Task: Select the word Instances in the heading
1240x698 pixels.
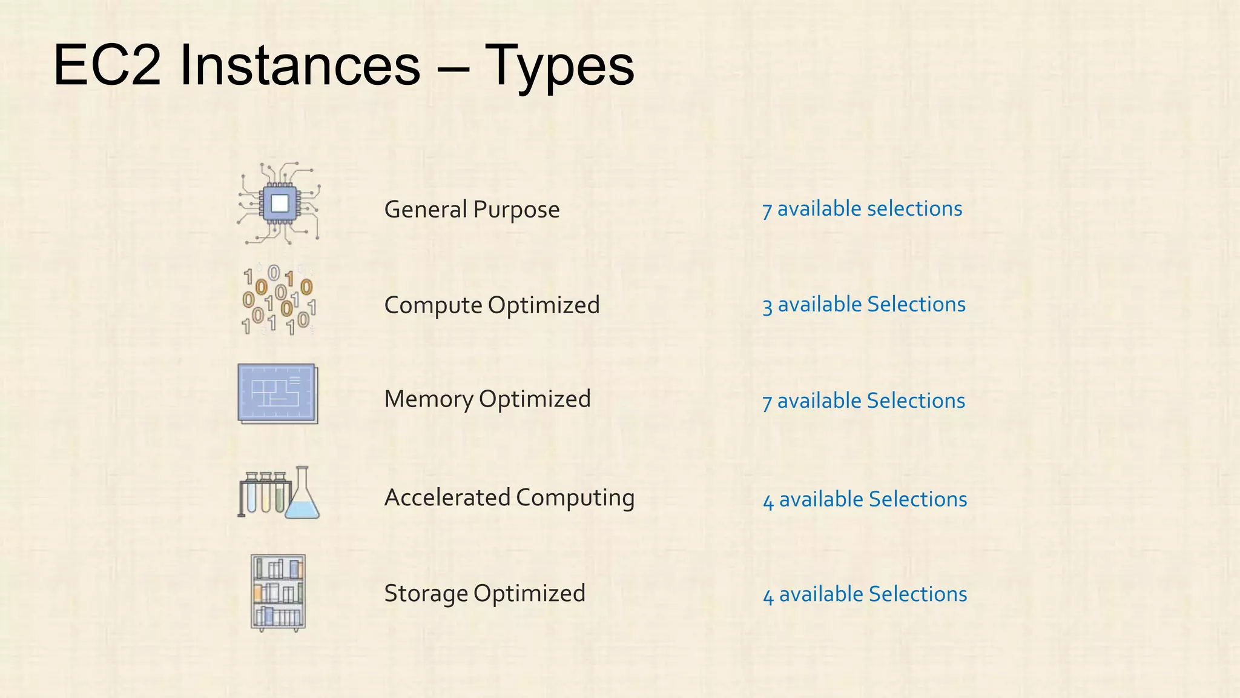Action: (300, 65)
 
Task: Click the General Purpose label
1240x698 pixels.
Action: (472, 210)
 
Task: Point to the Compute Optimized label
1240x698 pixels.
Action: (492, 305)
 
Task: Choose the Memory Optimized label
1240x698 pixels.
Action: (487, 399)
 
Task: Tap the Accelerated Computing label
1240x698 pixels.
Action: (509, 497)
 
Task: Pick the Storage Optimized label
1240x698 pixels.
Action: (484, 593)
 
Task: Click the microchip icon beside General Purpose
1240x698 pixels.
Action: (279, 204)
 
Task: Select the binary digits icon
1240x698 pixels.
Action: (279, 300)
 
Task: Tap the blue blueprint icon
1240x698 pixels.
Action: (277, 394)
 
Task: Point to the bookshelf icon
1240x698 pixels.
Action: (278, 593)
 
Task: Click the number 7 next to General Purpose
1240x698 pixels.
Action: (767, 210)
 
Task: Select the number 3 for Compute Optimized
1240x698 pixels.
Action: (767, 306)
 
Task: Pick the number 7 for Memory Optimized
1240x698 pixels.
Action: (767, 402)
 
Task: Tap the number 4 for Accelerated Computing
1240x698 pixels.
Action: (768, 501)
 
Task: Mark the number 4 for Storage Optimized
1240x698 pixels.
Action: (768, 596)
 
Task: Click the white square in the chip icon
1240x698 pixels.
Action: (280, 203)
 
